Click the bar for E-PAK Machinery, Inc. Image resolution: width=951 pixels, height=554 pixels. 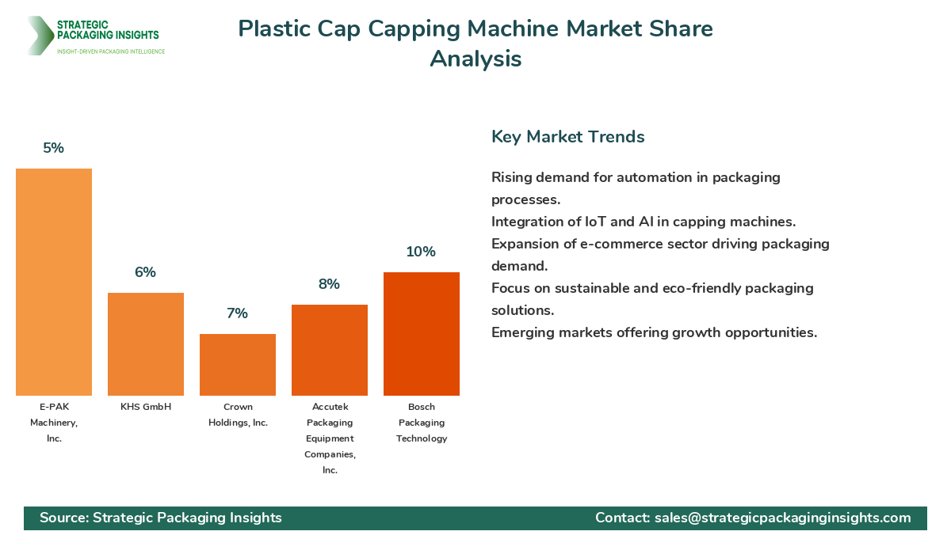(x=54, y=282)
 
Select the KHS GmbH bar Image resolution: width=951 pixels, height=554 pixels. (x=146, y=344)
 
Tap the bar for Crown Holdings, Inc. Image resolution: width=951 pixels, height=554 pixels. (x=238, y=365)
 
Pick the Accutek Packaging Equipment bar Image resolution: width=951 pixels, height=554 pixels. (x=330, y=350)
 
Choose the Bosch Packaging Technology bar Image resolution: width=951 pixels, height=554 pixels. (x=422, y=334)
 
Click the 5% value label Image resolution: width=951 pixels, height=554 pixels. (x=54, y=148)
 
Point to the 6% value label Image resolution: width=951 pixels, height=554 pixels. (x=146, y=272)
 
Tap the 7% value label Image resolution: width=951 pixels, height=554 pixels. (x=238, y=313)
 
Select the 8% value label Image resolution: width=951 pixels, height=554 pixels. (x=330, y=284)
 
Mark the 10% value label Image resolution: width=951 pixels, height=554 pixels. (x=422, y=252)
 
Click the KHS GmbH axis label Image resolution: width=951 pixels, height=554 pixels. (x=146, y=407)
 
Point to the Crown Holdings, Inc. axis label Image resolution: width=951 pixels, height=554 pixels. (x=238, y=415)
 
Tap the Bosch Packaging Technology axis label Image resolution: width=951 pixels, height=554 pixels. (x=422, y=423)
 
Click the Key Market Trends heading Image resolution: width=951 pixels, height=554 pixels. (x=567, y=137)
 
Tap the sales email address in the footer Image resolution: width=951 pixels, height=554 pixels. (x=782, y=518)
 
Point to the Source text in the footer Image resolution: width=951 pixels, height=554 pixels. (x=161, y=518)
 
